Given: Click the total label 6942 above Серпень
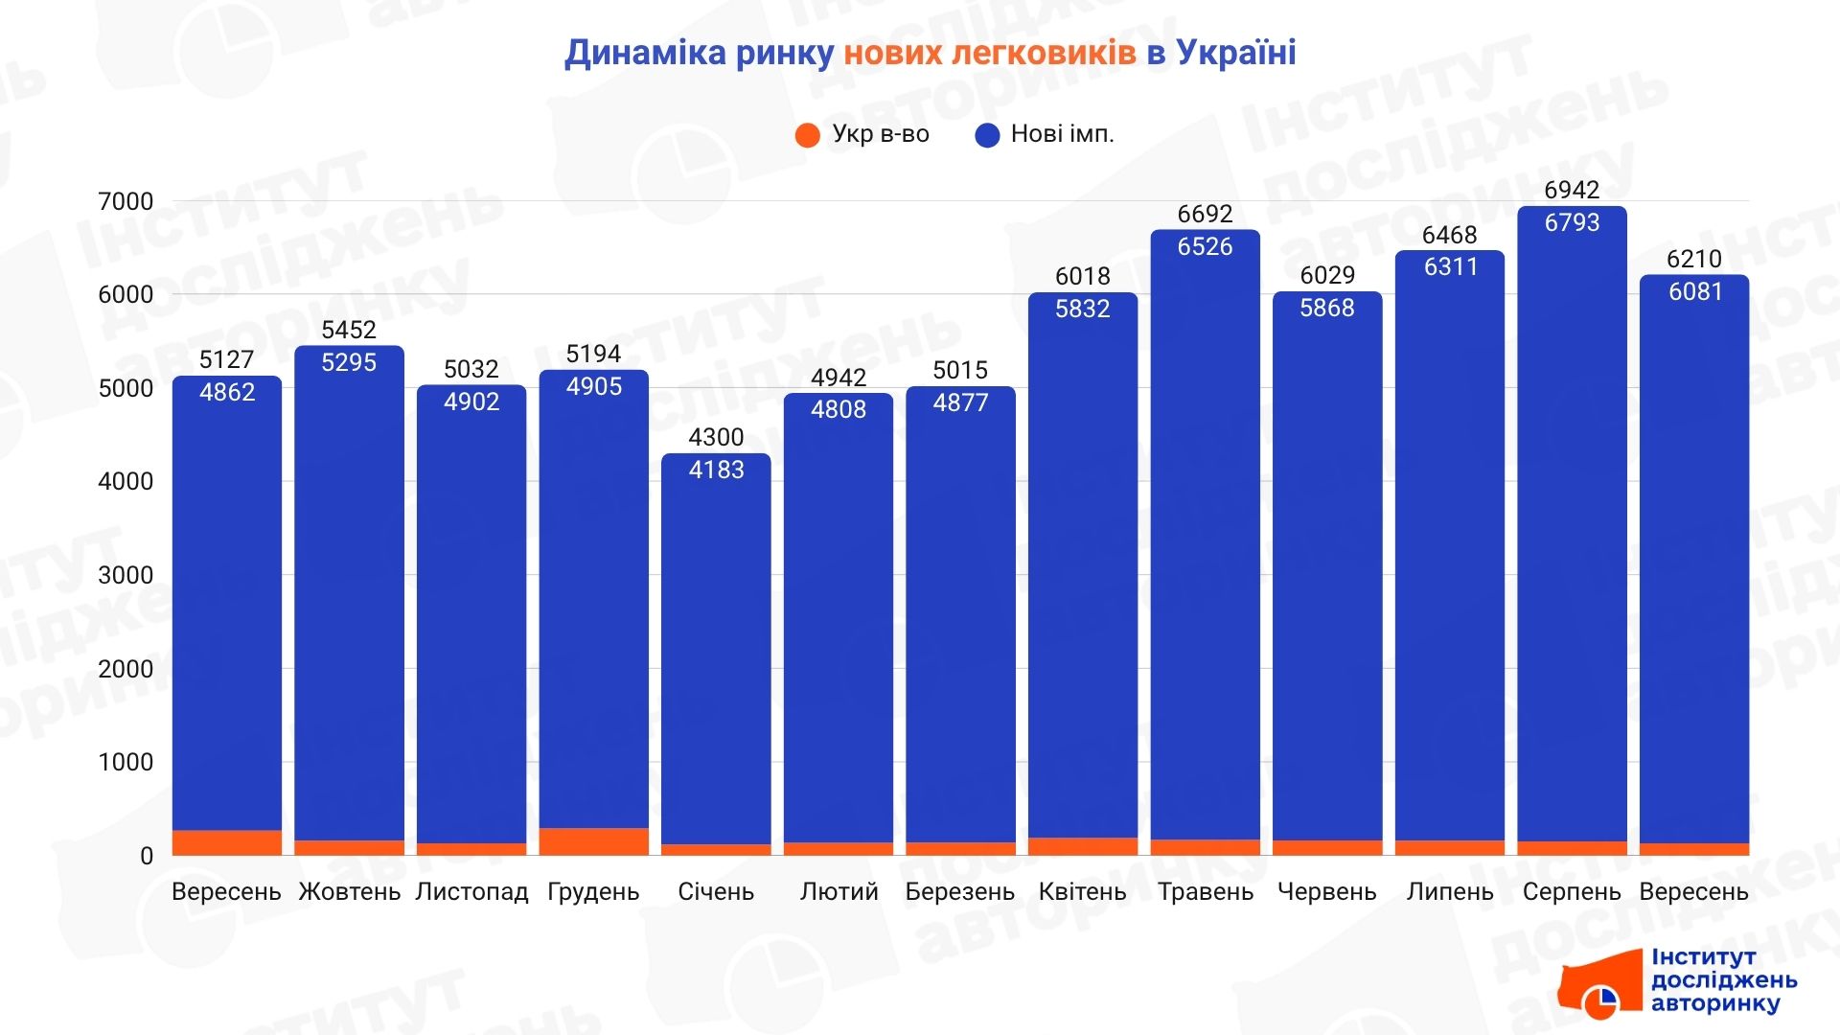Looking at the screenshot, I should [1572, 190].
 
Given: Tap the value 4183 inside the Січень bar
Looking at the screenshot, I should [716, 470].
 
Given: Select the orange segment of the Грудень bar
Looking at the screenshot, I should [593, 841].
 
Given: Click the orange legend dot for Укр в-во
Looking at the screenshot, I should [808, 135].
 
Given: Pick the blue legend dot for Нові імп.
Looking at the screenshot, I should [987, 135].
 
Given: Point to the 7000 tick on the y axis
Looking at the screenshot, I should [126, 201].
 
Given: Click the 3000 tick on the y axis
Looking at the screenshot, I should [126, 575].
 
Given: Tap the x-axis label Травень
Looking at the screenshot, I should [1205, 892].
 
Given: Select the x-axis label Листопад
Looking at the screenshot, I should [471, 892].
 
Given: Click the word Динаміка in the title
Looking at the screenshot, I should [645, 53].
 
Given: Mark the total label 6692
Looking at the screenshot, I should [1205, 214].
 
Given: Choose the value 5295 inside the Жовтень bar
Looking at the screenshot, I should [349, 362].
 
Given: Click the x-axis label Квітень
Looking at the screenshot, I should [1082, 892].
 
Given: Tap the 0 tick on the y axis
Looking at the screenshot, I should [146, 856].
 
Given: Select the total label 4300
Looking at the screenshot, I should [716, 437].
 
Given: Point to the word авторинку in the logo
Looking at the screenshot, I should [1714, 1003].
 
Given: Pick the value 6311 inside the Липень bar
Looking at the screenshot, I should [1450, 266].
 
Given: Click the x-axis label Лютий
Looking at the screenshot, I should [839, 892].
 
